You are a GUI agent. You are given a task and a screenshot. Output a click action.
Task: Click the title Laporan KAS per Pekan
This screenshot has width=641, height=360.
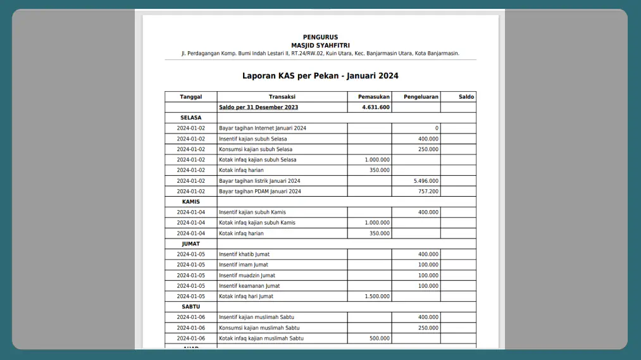[x=320, y=76]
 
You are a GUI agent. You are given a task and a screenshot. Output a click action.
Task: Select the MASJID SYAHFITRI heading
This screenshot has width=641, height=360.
[x=320, y=46]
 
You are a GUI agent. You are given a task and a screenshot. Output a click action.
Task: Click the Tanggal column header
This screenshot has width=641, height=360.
[x=190, y=97]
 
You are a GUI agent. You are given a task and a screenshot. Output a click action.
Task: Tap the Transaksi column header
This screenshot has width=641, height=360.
[x=282, y=97]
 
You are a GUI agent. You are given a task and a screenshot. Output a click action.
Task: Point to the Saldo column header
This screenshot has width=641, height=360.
[x=466, y=97]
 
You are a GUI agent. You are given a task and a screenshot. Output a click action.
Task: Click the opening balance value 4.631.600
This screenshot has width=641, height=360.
[x=376, y=108]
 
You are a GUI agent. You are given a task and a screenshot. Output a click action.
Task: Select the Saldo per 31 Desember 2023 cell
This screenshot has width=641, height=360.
[x=258, y=108]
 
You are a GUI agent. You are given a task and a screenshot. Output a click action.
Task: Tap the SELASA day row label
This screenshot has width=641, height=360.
[x=190, y=118]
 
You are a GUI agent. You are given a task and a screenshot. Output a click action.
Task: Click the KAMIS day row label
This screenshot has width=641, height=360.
[x=190, y=202]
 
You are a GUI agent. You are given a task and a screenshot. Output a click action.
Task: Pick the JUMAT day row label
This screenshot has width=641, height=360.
[x=190, y=244]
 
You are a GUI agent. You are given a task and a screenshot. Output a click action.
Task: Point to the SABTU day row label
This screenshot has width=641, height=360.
[x=190, y=307]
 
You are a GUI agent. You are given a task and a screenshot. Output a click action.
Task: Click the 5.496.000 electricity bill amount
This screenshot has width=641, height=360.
[x=425, y=181]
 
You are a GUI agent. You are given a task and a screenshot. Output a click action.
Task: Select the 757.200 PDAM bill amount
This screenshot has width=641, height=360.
[x=428, y=191]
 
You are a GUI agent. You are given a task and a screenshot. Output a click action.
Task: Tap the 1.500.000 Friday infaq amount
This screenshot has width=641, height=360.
[x=377, y=296]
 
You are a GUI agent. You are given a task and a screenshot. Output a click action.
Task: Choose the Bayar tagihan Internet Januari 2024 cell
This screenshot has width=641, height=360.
[x=262, y=128]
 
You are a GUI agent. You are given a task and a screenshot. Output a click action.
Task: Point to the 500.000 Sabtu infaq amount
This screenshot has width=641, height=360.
[x=380, y=338]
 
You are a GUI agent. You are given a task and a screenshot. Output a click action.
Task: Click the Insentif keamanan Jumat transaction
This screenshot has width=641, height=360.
[x=249, y=286]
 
